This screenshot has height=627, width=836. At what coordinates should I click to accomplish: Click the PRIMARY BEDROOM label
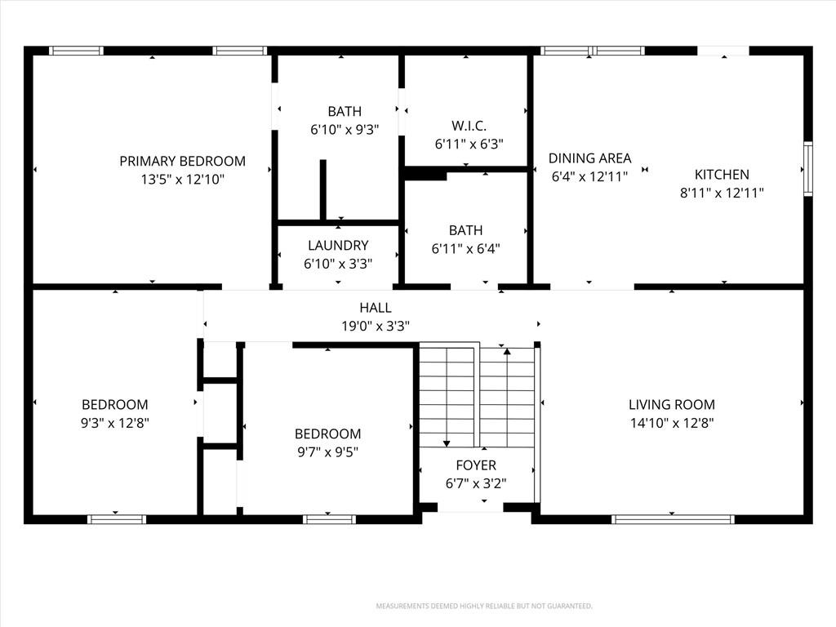[x=182, y=161]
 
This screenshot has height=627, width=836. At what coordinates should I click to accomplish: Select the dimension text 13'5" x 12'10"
[x=182, y=179]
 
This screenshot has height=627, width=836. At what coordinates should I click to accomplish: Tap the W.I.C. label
[x=469, y=126]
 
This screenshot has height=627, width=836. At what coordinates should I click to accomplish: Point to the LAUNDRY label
[x=338, y=245]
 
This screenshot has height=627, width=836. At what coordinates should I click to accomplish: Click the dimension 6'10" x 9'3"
[x=345, y=130]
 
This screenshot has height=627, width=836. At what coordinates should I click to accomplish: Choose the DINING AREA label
[x=589, y=158]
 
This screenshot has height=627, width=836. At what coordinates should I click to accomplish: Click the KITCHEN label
[x=722, y=175]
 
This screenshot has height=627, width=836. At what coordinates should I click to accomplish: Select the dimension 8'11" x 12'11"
[x=722, y=193]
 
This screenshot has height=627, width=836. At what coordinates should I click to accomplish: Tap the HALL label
[x=376, y=308]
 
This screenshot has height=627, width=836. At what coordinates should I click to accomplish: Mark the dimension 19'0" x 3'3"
[x=376, y=326]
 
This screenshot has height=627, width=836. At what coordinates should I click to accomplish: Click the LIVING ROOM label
[x=672, y=405]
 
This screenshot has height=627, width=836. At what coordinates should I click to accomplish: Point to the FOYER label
[x=476, y=465]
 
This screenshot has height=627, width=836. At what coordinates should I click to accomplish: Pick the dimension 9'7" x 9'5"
[x=327, y=452]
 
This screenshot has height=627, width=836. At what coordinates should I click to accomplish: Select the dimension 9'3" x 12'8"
[x=114, y=423]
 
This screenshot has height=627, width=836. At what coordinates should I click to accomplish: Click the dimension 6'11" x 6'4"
[x=465, y=248]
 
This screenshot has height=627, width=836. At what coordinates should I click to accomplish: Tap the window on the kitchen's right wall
[x=808, y=169]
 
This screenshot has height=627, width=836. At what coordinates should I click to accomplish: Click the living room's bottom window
[x=673, y=519]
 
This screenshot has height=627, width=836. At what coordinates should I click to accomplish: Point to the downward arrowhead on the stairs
[x=447, y=443]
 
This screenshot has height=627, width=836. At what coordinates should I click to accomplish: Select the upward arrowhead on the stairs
[x=507, y=351]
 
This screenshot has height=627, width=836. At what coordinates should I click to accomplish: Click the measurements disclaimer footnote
[x=484, y=607]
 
